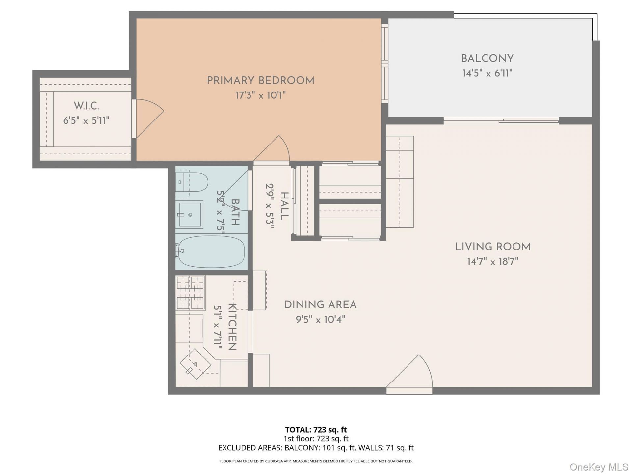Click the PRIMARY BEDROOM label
260,81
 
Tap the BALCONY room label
487,59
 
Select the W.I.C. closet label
86,106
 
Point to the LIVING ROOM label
492,247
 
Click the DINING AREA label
320,305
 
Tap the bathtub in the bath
211,251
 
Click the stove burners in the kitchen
190,292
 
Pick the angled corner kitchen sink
196,364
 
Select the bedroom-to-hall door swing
272,149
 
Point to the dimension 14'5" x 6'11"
487,73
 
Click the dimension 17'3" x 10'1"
260,95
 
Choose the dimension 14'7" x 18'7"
492,262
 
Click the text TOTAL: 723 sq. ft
316,430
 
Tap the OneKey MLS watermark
599,467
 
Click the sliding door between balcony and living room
501,121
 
